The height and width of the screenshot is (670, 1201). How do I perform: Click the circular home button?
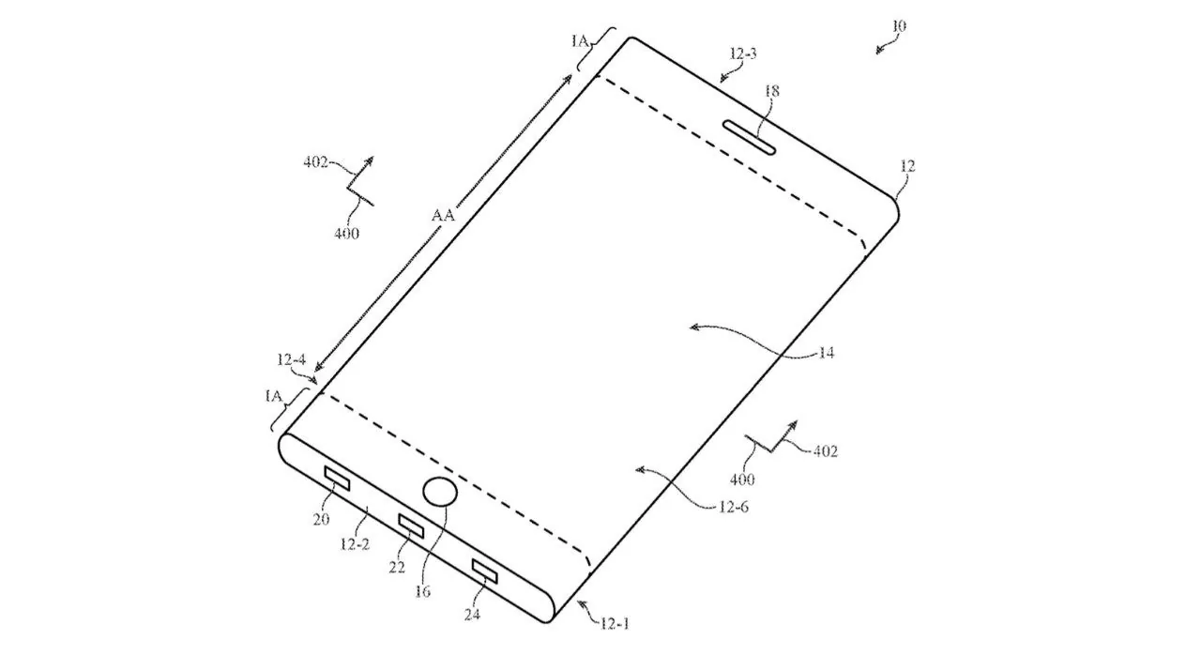click(x=440, y=492)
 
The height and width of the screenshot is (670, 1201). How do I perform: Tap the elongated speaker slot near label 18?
click(x=750, y=138)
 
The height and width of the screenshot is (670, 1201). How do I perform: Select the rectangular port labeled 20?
click(x=337, y=479)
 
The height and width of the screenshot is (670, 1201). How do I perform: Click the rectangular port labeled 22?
click(x=411, y=525)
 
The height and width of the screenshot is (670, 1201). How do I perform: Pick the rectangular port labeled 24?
click(x=485, y=571)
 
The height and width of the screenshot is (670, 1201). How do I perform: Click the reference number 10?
click(x=899, y=25)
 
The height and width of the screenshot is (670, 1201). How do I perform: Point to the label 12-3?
click(x=743, y=53)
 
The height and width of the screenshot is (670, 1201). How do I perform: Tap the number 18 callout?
click(x=771, y=91)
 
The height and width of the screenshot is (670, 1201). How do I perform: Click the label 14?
click(x=827, y=353)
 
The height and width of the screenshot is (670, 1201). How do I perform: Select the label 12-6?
click(x=734, y=507)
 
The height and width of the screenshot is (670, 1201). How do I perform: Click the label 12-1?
click(x=615, y=623)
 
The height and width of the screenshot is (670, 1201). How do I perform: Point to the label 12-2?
click(x=355, y=544)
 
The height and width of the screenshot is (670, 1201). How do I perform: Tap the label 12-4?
click(x=291, y=359)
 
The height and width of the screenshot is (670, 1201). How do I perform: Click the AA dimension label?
click(x=443, y=216)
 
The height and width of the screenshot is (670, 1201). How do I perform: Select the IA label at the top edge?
click(x=580, y=41)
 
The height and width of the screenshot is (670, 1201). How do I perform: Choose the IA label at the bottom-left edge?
click(x=273, y=396)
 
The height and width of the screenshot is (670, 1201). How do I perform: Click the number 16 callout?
click(x=422, y=591)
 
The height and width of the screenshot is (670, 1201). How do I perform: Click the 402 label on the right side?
click(x=825, y=451)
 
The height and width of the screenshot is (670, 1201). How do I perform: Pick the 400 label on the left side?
click(x=346, y=233)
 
